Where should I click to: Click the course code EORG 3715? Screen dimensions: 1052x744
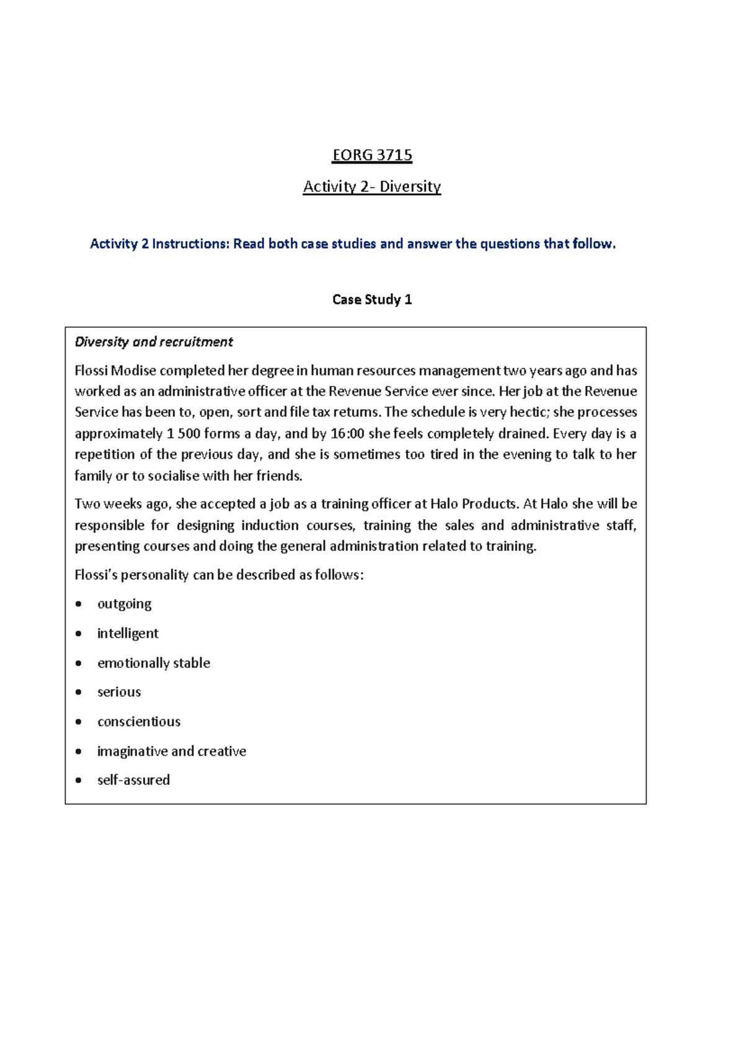click(x=372, y=155)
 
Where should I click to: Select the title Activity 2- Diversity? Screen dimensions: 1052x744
click(x=372, y=186)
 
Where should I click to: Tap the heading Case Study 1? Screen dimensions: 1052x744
click(x=372, y=300)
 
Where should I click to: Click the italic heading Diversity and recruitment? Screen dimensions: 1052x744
click(x=154, y=342)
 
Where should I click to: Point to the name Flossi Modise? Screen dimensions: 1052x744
click(x=115, y=370)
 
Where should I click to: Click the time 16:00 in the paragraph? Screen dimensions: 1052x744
click(x=347, y=434)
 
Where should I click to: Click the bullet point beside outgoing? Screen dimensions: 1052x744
click(x=79, y=604)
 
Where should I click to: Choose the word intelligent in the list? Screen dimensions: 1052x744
click(x=128, y=633)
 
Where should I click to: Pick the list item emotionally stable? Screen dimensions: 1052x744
click(x=154, y=663)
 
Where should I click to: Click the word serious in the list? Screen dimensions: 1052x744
click(x=119, y=692)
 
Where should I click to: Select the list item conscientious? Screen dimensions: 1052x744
click(x=139, y=722)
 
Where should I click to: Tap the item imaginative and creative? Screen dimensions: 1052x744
click(x=172, y=751)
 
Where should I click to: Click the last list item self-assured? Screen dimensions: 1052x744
click(x=133, y=780)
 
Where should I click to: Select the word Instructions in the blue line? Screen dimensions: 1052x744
click(x=190, y=244)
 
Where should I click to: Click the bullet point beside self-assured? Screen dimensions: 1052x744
click(x=79, y=781)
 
